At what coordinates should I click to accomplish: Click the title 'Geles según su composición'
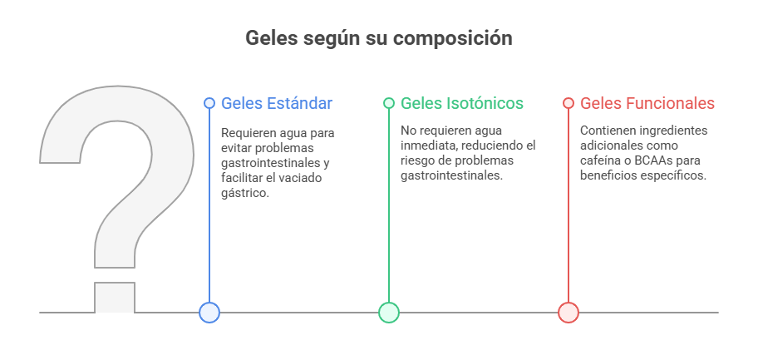point(378,38)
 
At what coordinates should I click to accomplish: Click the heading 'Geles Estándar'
point(277,103)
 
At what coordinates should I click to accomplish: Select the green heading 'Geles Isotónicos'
point(462,103)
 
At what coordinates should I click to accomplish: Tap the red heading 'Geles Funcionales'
point(647,103)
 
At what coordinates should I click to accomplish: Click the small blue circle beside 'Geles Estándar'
point(209,103)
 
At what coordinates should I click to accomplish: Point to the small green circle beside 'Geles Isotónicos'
point(389,103)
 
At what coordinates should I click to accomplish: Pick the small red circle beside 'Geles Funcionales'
point(568,103)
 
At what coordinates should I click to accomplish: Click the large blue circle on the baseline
point(209,313)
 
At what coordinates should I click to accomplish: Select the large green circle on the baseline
point(389,313)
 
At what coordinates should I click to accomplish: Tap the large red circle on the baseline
point(568,313)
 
